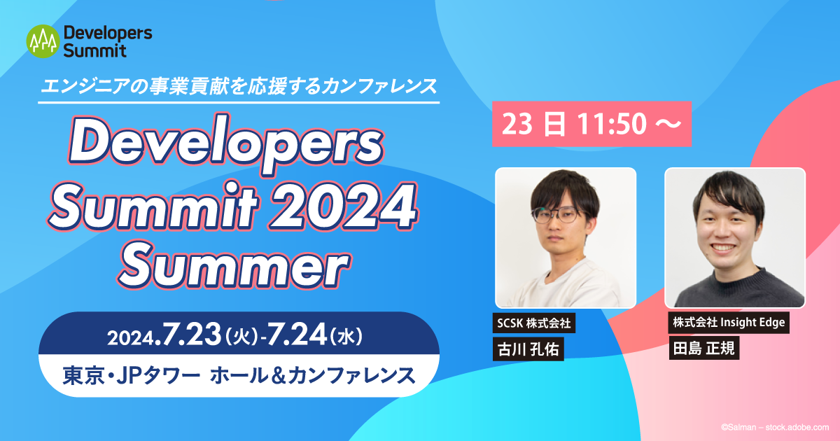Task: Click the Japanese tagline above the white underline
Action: tap(239, 87)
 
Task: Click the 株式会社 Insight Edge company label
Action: tap(728, 323)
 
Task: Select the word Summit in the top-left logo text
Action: tap(94, 50)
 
